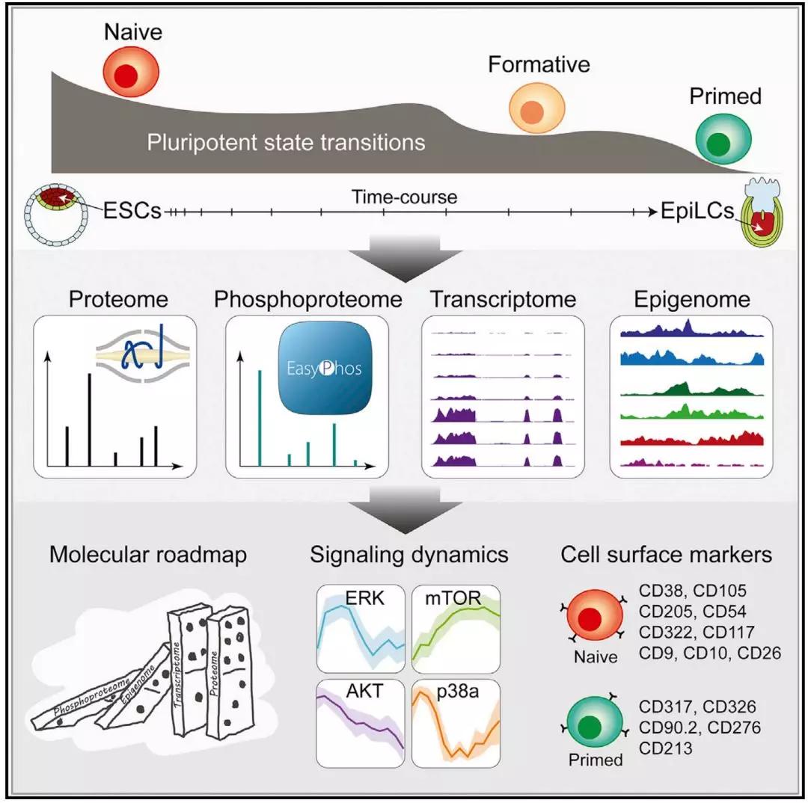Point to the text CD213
coord(664,747)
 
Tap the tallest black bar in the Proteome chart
coord(90,419)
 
